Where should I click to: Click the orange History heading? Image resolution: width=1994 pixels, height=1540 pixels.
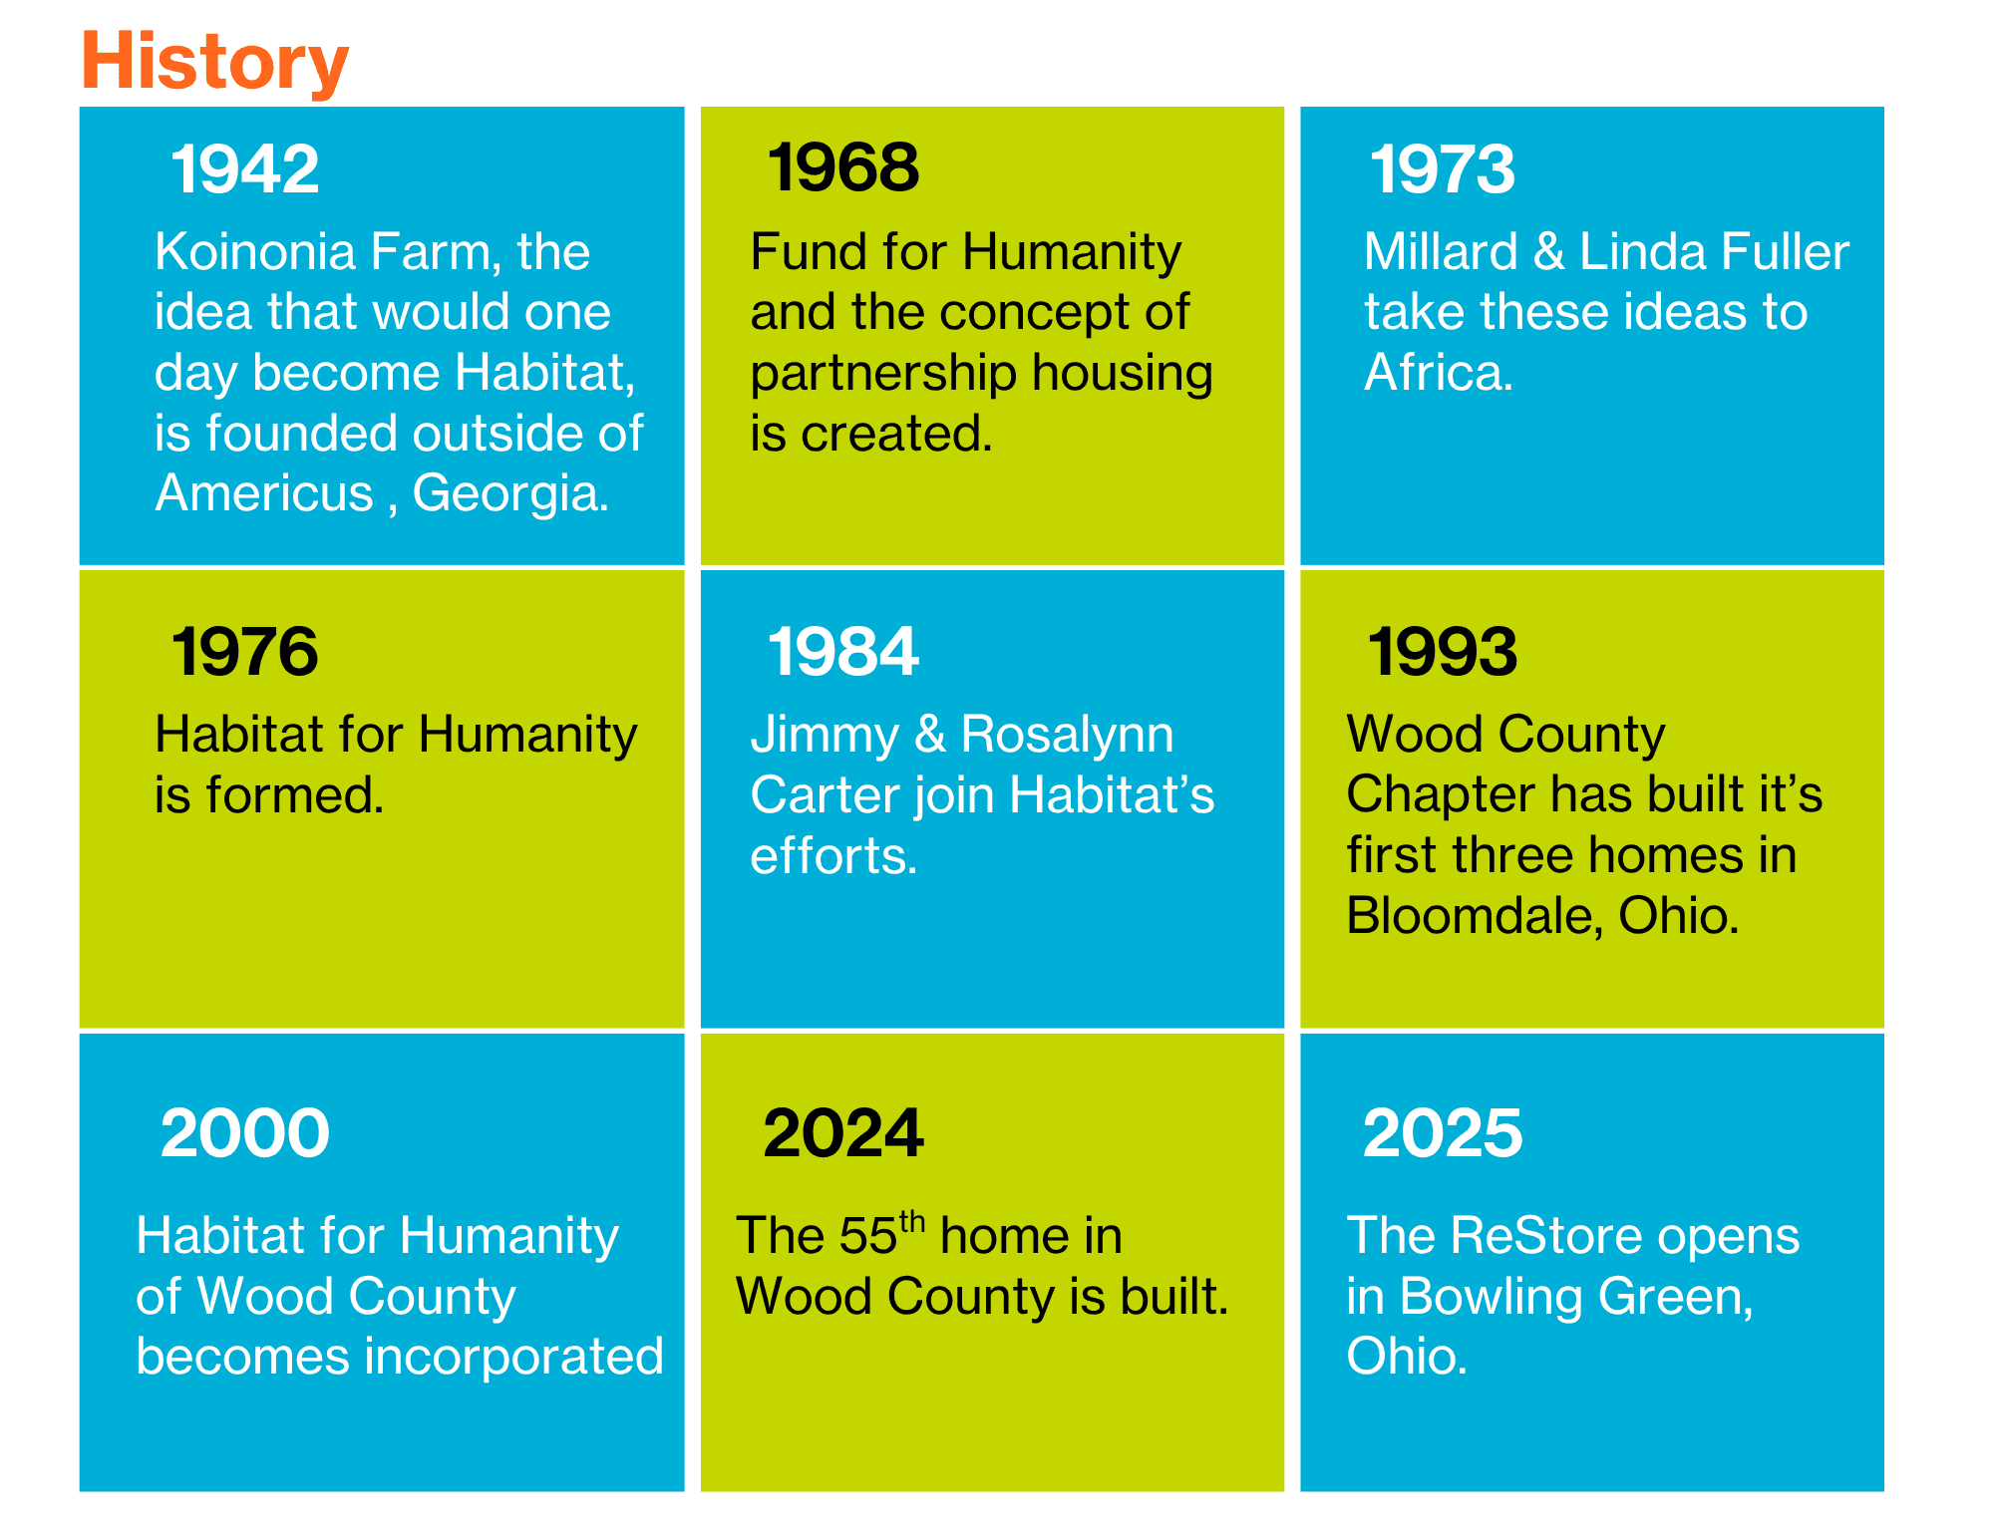pos(214,62)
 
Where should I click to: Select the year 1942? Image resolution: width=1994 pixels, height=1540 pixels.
pos(245,168)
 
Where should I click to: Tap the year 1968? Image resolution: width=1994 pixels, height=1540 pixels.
pos(843,166)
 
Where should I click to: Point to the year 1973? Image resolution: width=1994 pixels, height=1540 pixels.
pos(1442,168)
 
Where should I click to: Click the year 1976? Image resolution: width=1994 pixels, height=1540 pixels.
pos(245,651)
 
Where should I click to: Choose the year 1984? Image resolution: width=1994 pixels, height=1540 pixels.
pos(843,651)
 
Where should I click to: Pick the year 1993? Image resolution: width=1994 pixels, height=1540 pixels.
pos(1442,651)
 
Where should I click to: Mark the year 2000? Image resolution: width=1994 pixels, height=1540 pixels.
pos(245,1133)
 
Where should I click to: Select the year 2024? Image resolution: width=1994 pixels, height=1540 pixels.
pos(843,1133)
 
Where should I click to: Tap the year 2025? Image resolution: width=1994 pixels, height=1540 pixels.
pos(1443,1133)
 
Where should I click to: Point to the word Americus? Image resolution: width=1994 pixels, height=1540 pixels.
pos(264,492)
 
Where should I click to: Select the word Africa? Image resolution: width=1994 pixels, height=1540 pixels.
pos(1439,372)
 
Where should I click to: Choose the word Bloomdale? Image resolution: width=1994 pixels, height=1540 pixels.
pos(1475,915)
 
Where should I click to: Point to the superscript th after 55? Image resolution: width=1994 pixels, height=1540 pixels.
pos(912,1221)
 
